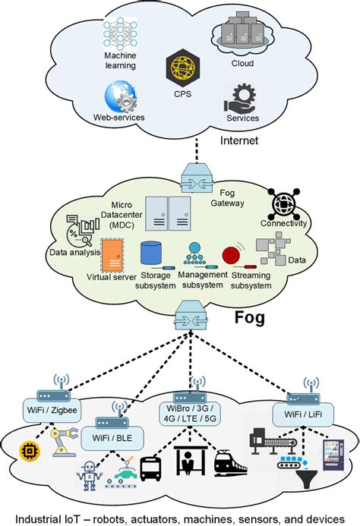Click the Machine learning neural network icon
118,36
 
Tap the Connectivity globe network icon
283,203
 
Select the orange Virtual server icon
112,256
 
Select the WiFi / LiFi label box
302,413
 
